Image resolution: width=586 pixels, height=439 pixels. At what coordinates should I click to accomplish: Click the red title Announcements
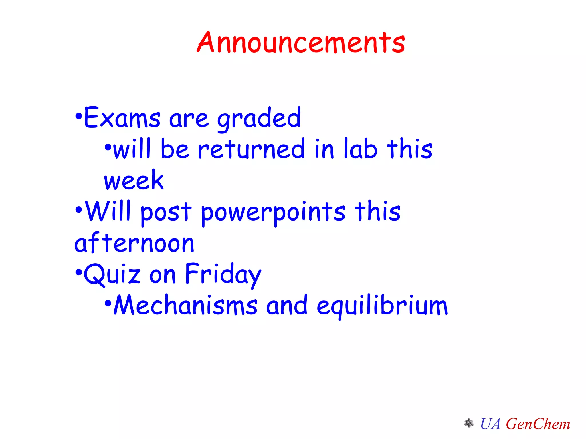(x=301, y=43)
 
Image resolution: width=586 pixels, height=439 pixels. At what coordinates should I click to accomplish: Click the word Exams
(x=122, y=117)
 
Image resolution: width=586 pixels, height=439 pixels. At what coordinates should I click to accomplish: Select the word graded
(x=259, y=119)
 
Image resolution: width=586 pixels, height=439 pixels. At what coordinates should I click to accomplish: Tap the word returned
(x=251, y=149)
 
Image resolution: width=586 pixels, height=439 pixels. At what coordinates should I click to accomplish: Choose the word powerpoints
(x=273, y=212)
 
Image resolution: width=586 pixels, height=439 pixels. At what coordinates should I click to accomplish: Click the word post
(x=166, y=212)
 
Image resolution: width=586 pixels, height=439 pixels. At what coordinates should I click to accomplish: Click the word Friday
(x=223, y=274)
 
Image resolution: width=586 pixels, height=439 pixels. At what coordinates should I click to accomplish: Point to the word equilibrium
(x=382, y=306)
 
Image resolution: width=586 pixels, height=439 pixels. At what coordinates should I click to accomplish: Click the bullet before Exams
(x=78, y=116)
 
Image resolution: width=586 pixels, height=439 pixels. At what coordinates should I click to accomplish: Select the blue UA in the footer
(x=490, y=424)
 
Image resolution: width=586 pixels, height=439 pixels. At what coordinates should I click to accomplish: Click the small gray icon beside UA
(x=469, y=423)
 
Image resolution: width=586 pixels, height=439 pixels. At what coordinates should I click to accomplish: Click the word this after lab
(x=409, y=149)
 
